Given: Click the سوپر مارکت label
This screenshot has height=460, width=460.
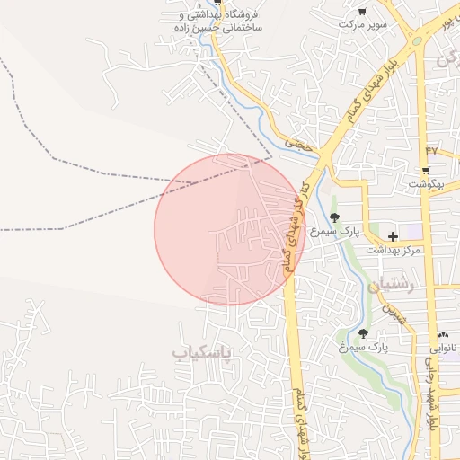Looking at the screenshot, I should point(363,25).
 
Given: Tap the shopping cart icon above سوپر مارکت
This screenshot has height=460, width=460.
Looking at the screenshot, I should point(361,12).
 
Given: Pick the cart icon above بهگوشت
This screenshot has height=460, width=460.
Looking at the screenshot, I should point(425,170).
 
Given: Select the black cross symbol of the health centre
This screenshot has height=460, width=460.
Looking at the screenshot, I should point(393,235).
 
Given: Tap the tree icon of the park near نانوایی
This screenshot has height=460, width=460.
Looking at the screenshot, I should point(363,333).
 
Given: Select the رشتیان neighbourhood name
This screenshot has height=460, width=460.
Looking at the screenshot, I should point(389,287).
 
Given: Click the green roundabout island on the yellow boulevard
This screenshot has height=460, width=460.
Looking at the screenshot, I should point(416,41).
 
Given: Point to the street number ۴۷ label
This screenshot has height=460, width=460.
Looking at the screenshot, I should point(431,149).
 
